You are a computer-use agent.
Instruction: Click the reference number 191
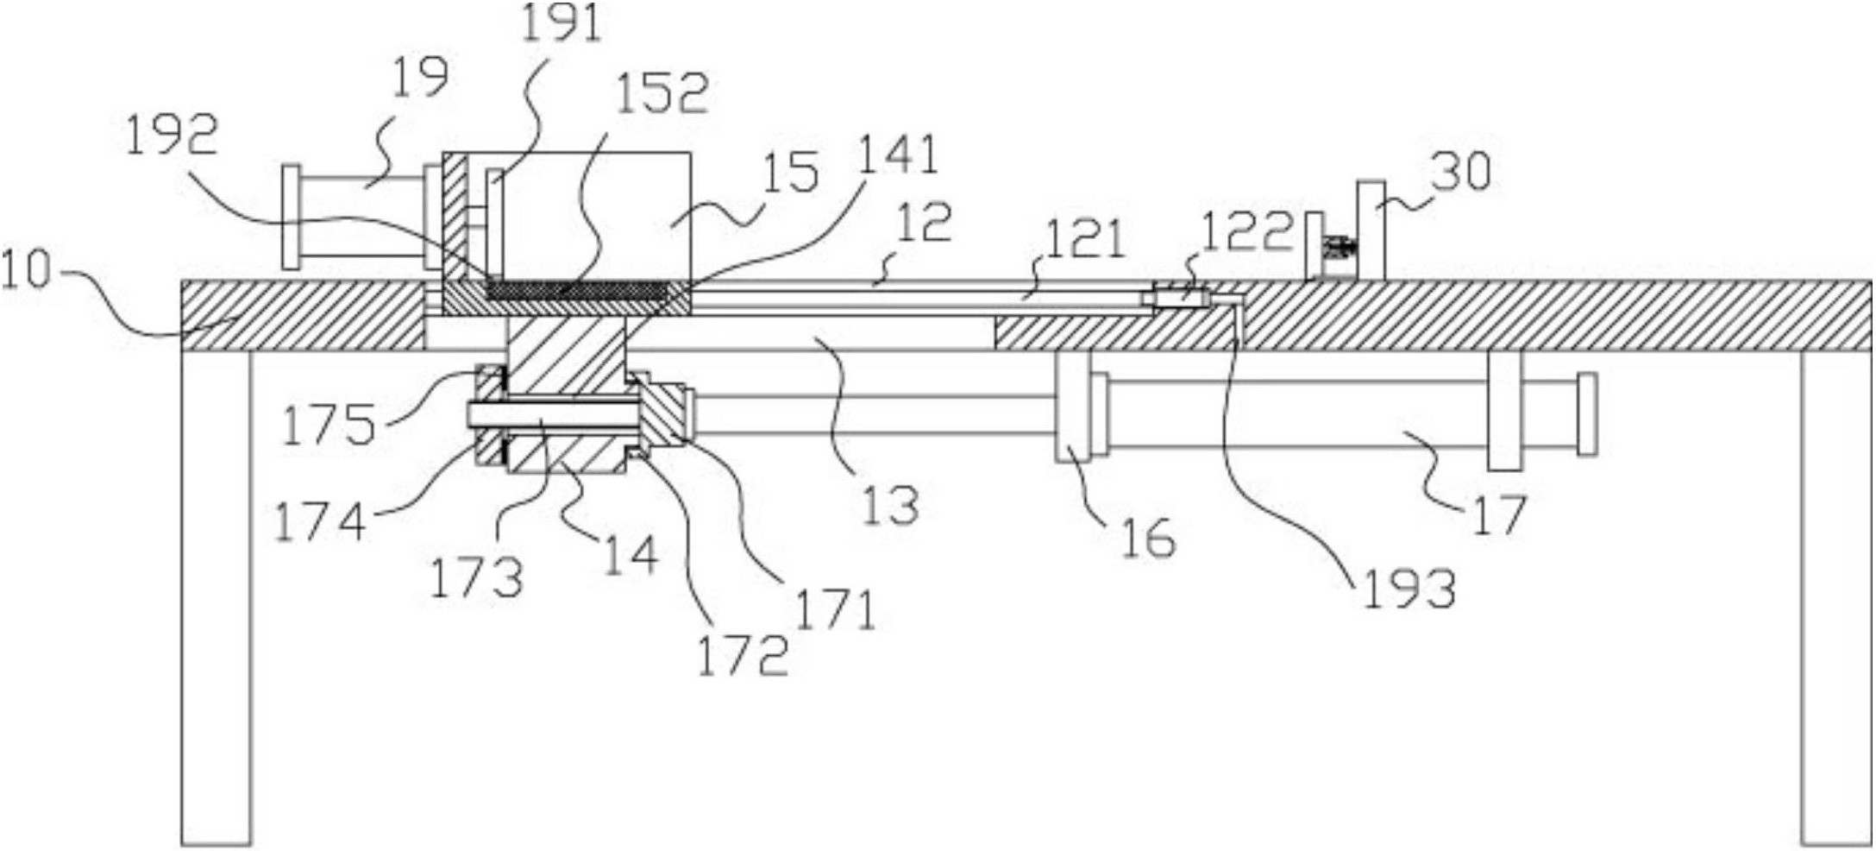click(x=561, y=23)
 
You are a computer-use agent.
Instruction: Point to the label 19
click(x=420, y=78)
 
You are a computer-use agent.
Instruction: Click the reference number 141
click(x=897, y=155)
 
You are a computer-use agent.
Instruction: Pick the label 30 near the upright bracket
click(x=1461, y=170)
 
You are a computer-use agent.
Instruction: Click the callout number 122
click(x=1248, y=230)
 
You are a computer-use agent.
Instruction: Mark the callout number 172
click(x=743, y=655)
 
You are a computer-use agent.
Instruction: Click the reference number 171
click(x=835, y=610)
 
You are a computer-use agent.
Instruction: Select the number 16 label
click(x=1149, y=537)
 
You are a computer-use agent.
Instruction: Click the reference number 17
click(x=1501, y=514)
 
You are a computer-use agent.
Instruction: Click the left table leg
click(x=216, y=597)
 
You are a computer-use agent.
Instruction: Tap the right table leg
click(x=1835, y=597)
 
